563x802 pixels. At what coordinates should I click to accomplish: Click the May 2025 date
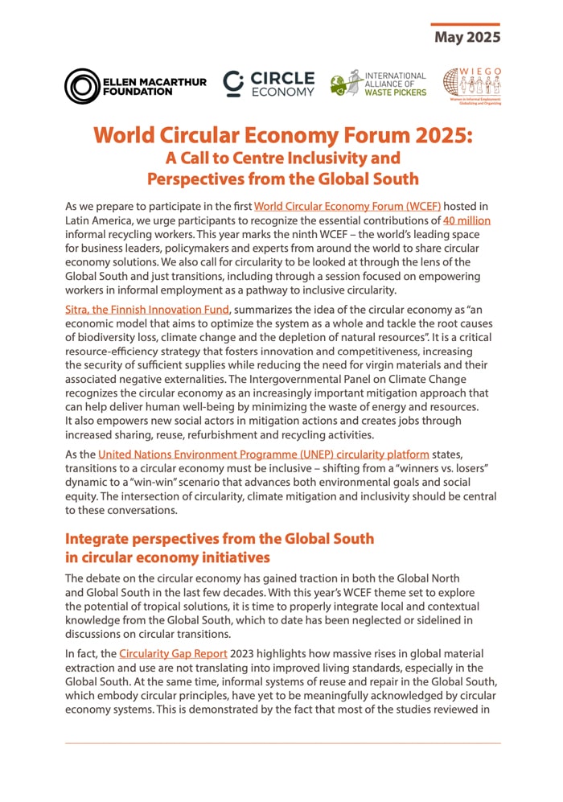tap(467, 37)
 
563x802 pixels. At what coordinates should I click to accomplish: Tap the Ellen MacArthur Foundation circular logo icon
tap(81, 86)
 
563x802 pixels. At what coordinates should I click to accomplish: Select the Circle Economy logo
tap(269, 84)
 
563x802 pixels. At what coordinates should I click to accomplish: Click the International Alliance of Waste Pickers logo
tap(378, 84)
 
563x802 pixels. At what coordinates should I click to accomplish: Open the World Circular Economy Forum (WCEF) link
tap(347, 207)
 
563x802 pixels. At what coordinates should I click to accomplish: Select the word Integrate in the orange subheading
tap(102, 538)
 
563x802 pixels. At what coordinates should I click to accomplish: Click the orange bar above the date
tap(465, 24)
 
